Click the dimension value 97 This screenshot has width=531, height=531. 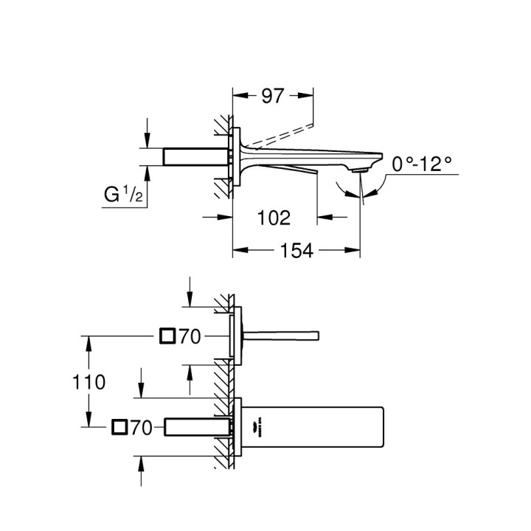(x=274, y=96)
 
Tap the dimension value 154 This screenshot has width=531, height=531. (x=296, y=251)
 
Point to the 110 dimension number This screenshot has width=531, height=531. (x=89, y=382)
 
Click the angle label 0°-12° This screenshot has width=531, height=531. (x=422, y=164)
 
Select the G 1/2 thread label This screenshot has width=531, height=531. (x=122, y=196)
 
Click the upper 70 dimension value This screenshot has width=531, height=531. (x=190, y=337)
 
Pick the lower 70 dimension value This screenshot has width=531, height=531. (x=141, y=426)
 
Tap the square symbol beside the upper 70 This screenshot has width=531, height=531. (x=167, y=337)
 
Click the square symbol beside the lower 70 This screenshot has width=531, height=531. (x=119, y=426)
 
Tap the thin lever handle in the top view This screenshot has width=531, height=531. (x=280, y=336)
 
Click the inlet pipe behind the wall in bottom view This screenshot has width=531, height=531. (x=195, y=426)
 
